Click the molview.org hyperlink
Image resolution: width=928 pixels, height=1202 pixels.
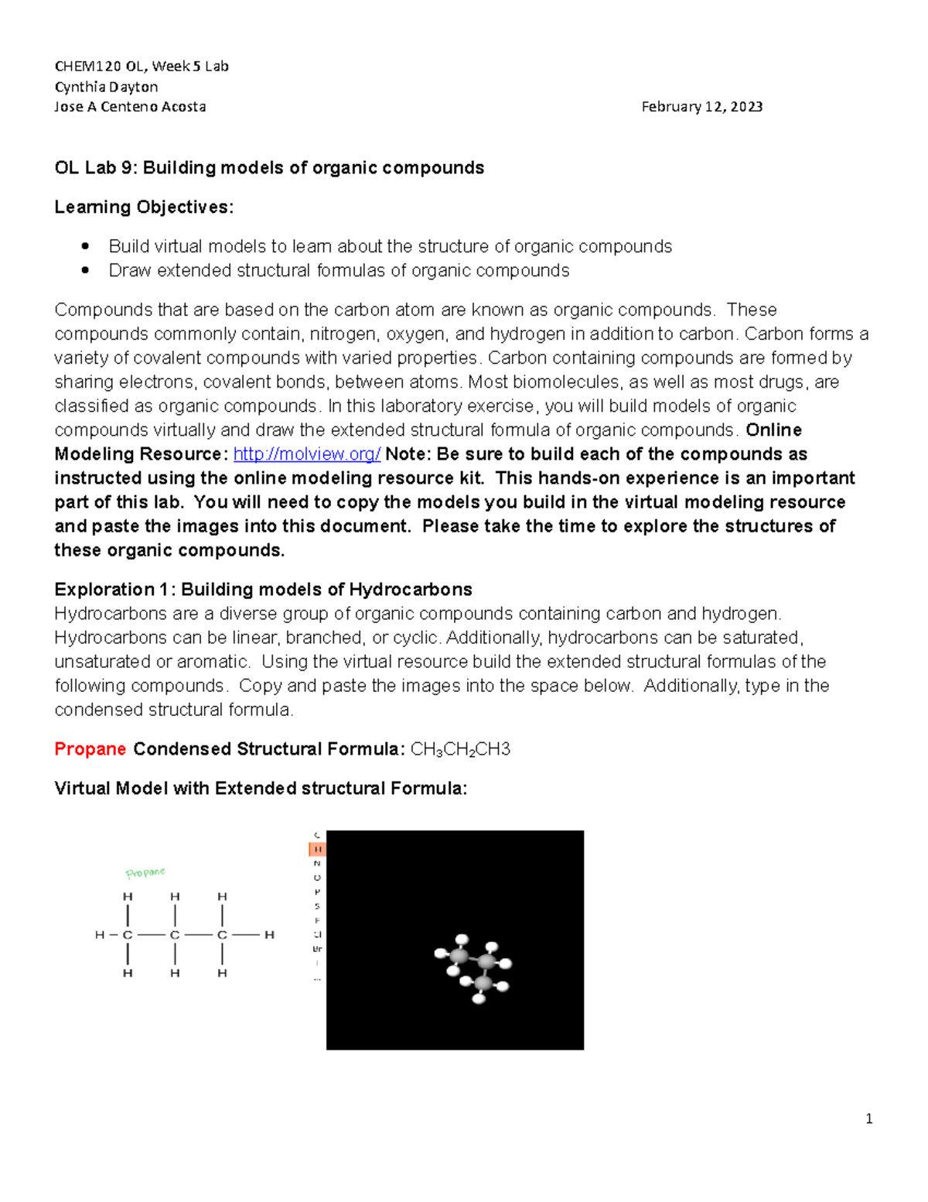(306, 454)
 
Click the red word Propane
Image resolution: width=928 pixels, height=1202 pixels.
(90, 749)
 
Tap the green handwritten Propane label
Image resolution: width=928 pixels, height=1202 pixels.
(145, 872)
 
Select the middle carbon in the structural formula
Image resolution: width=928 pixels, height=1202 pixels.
(175, 935)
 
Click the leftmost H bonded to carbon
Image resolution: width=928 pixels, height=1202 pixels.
(99, 935)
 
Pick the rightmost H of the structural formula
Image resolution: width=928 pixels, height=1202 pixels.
(269, 935)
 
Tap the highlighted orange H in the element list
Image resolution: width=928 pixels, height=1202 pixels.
(317, 849)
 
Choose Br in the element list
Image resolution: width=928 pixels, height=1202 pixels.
(317, 949)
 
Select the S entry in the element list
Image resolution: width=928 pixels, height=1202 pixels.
(317, 906)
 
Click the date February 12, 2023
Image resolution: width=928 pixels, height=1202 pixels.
(701, 107)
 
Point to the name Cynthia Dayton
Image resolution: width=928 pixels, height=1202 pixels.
(106, 87)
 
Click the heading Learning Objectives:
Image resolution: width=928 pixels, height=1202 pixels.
(144, 207)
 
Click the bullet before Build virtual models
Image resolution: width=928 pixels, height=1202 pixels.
(86, 247)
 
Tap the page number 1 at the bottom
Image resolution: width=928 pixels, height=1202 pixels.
(869, 1118)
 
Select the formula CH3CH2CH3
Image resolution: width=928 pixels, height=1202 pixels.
(460, 749)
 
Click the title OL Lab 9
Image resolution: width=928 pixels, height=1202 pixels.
(269, 168)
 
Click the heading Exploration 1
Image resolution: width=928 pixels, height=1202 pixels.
(263, 590)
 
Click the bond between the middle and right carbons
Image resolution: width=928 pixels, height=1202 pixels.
(199, 935)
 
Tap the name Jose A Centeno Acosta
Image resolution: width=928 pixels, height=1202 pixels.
(130, 107)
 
